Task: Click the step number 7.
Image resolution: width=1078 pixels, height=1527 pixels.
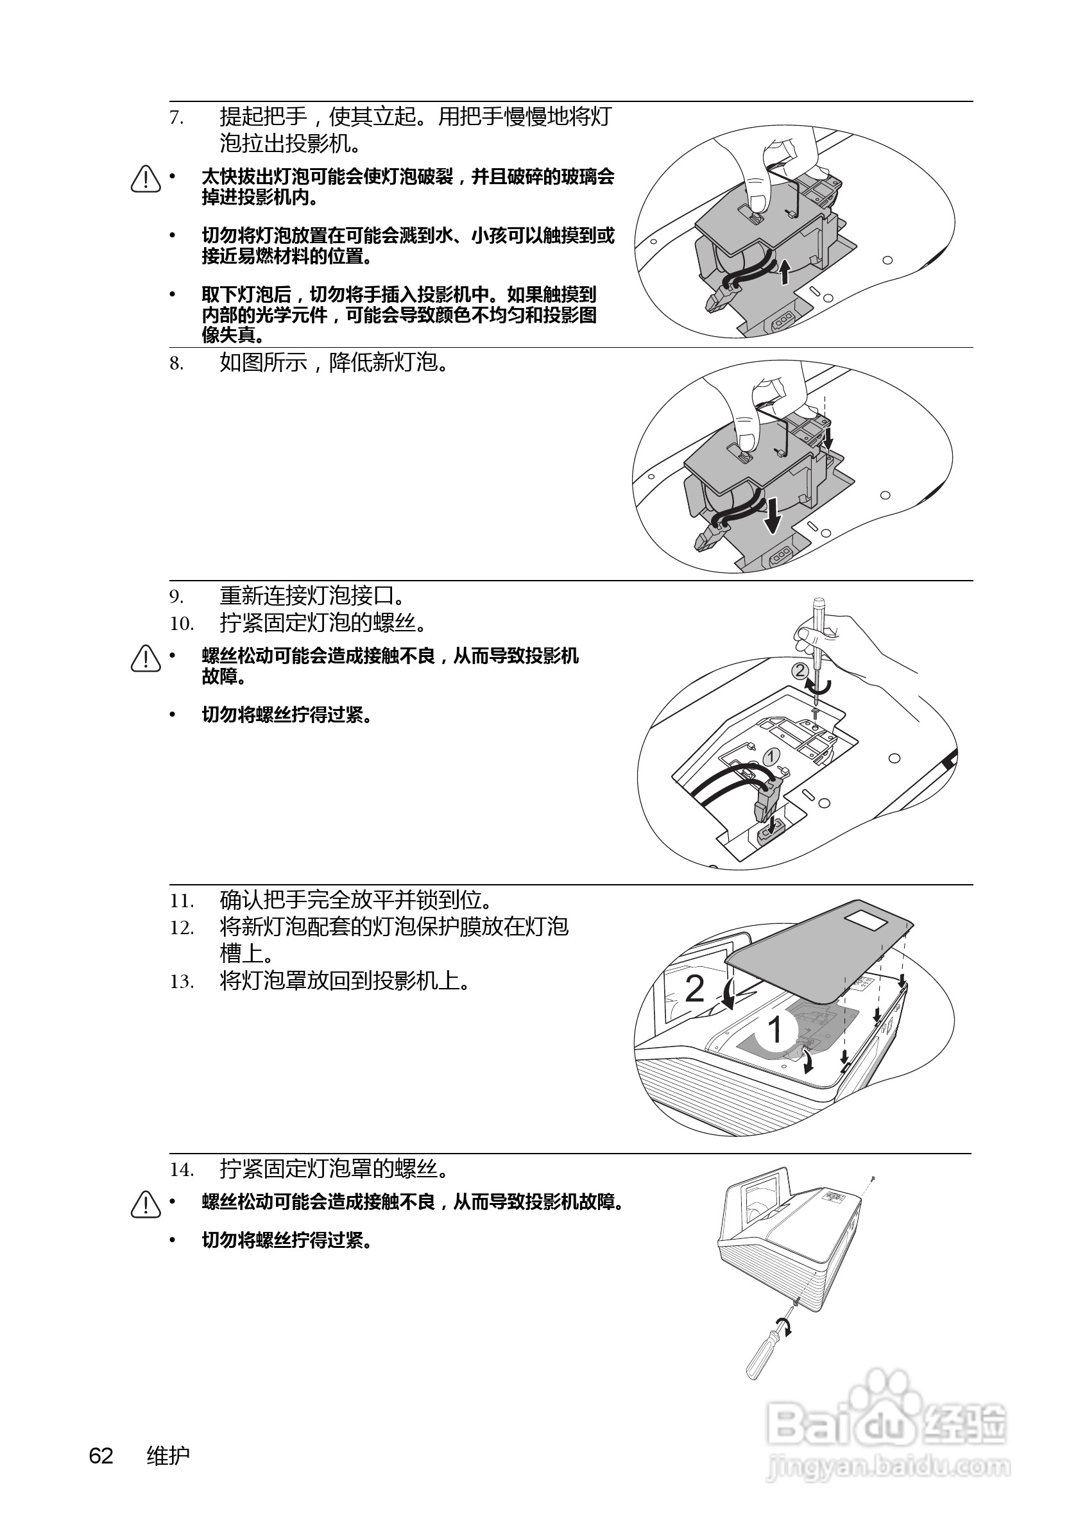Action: click(x=176, y=117)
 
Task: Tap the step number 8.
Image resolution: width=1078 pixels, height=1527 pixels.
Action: click(x=176, y=363)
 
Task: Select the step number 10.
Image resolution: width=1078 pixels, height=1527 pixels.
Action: click(x=181, y=624)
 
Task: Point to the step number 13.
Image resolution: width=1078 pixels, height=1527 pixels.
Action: click(x=181, y=982)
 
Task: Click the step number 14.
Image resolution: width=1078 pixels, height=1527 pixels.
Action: click(x=181, y=1170)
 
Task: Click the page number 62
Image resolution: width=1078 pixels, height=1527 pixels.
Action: click(x=101, y=1456)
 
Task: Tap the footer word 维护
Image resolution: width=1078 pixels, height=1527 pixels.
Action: click(x=167, y=1456)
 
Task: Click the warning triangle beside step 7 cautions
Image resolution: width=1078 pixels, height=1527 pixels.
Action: click(x=146, y=179)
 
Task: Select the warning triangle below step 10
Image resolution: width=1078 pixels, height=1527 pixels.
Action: click(x=146, y=658)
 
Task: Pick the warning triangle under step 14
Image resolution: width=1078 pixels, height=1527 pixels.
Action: click(x=146, y=1204)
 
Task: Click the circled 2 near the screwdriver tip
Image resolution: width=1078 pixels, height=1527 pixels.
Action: click(x=801, y=670)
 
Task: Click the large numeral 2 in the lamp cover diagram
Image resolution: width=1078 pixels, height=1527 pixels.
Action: click(x=694, y=989)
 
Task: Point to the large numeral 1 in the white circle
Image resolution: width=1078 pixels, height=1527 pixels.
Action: click(x=774, y=1030)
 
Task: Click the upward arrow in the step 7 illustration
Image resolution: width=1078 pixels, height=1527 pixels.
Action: click(x=785, y=271)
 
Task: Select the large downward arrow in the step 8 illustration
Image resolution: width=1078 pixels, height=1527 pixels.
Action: click(x=772, y=516)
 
